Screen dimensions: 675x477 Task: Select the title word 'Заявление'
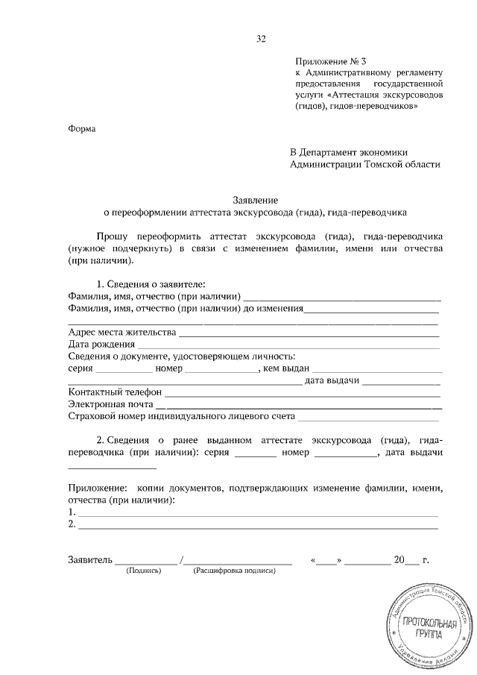(x=256, y=200)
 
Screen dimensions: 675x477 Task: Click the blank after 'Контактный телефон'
(x=302, y=393)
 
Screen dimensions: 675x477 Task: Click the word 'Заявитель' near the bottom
(x=89, y=559)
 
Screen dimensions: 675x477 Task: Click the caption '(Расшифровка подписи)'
(x=234, y=571)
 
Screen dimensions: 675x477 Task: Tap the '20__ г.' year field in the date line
(x=412, y=559)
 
